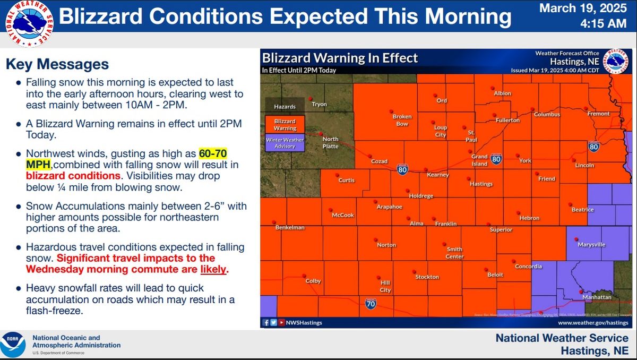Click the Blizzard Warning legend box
coord(285,125)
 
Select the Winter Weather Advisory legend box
coord(285,143)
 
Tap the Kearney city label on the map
coord(438,175)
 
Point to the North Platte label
coord(331,143)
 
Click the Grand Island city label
coord(479,160)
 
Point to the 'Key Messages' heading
coord(57,64)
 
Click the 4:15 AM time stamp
coord(597,23)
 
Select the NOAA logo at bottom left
coord(13,344)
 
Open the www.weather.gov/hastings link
coord(593,322)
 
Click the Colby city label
coord(313,281)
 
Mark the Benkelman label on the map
coord(290,227)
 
